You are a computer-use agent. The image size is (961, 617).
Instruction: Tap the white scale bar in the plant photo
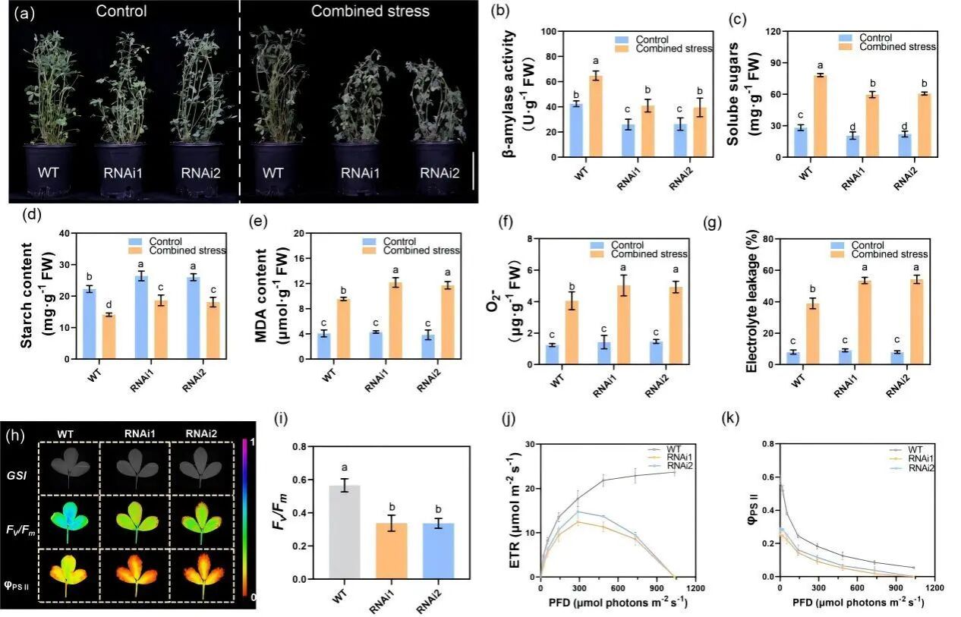pos(472,172)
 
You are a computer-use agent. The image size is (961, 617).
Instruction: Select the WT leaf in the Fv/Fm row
pos(68,518)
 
